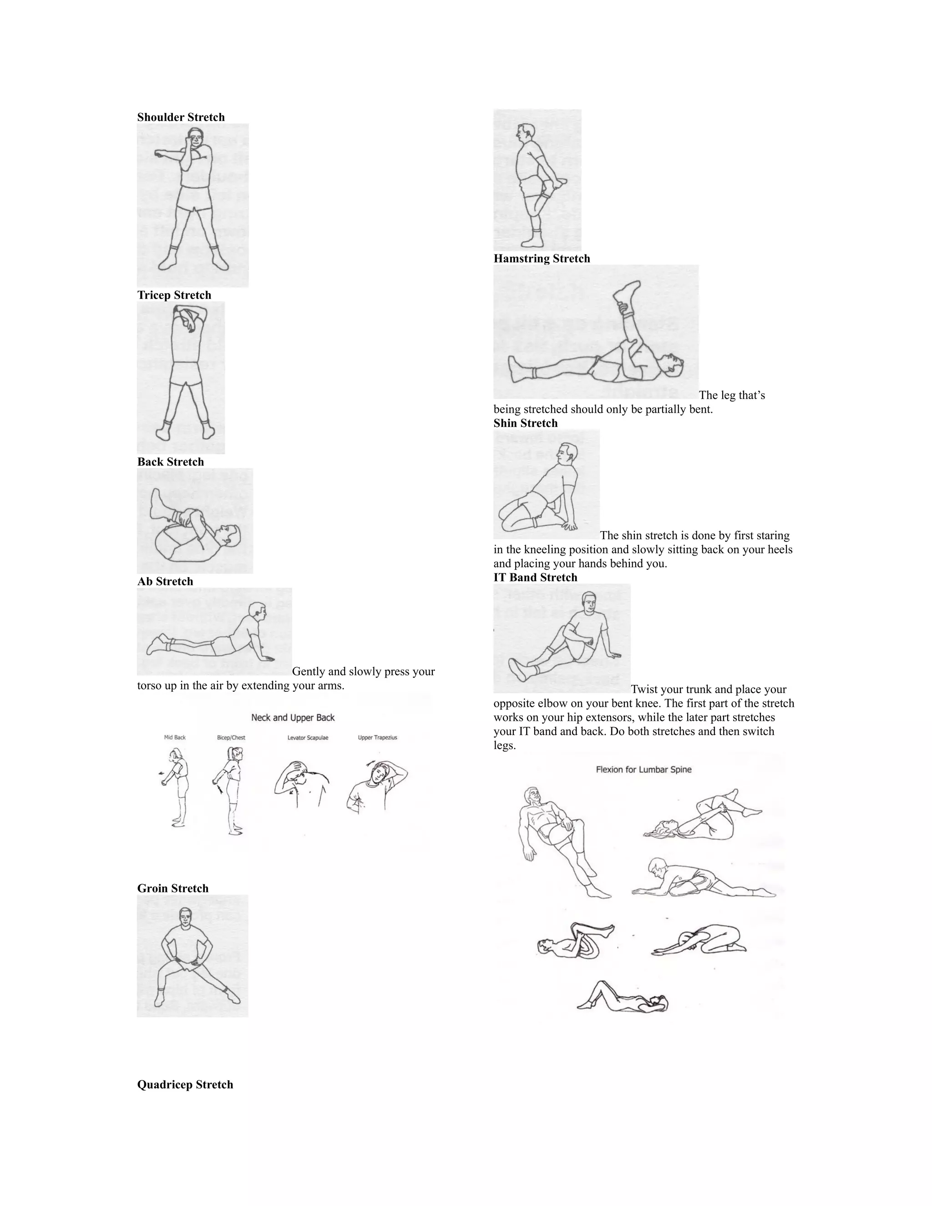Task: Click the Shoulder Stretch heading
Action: [x=181, y=117]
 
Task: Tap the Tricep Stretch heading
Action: [x=174, y=295]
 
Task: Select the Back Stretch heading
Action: [x=171, y=461]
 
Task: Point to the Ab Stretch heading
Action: [x=165, y=582]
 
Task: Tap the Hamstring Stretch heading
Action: [x=542, y=258]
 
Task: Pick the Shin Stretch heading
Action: [x=526, y=423]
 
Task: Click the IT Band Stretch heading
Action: [x=535, y=578]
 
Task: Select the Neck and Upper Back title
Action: [x=293, y=718]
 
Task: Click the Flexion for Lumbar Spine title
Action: [x=643, y=770]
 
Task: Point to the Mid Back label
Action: [x=175, y=738]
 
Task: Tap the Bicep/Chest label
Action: [x=231, y=738]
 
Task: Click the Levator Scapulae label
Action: [x=308, y=738]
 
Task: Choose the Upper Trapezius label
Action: [x=377, y=738]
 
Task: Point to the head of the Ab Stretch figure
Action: [x=257, y=611]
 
